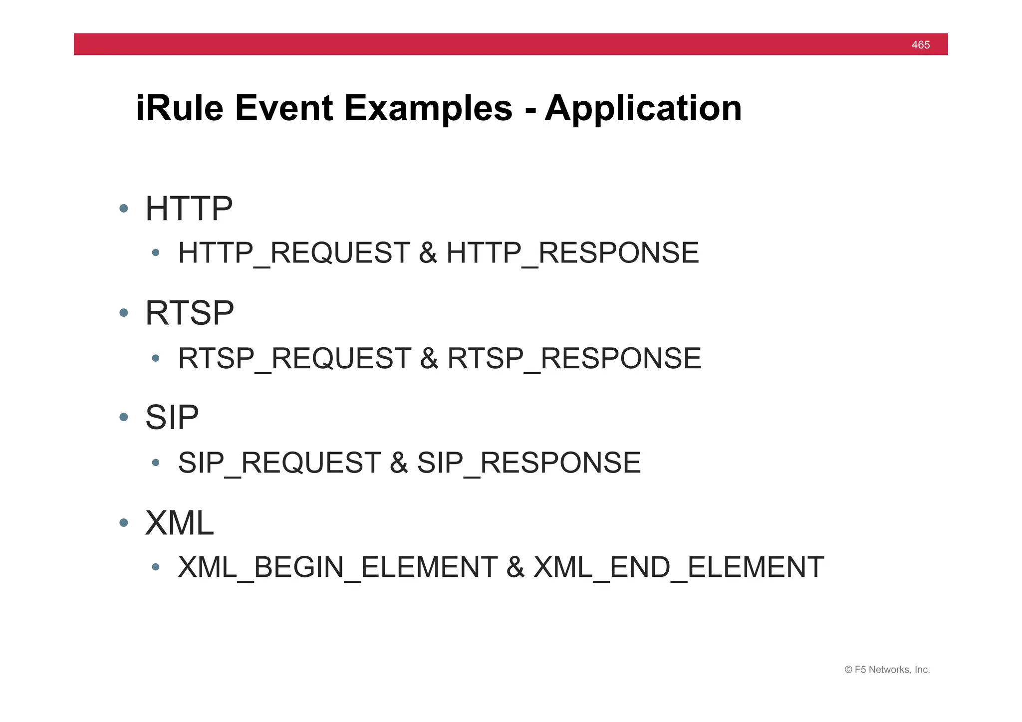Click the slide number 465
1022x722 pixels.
click(920, 45)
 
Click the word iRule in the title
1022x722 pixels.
click(179, 108)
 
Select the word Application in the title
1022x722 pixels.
click(643, 108)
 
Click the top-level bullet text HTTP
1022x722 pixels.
click(189, 209)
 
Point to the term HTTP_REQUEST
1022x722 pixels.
click(294, 253)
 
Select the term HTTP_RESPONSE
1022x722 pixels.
click(572, 253)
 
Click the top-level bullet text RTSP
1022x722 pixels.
click(189, 313)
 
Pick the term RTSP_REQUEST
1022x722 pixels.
click(294, 358)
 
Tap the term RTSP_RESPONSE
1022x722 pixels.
click(574, 358)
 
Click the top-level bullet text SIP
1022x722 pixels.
click(172, 418)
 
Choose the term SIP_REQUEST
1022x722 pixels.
click(279, 463)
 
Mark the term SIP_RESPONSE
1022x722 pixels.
click(528, 463)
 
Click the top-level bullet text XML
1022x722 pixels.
click(179, 523)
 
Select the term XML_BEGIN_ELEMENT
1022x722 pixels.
click(337, 568)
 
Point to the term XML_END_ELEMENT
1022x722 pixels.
click(678, 568)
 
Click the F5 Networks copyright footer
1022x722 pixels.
click(887, 670)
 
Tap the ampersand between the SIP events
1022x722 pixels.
click(399, 463)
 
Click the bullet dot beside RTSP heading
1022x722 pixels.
click(124, 313)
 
